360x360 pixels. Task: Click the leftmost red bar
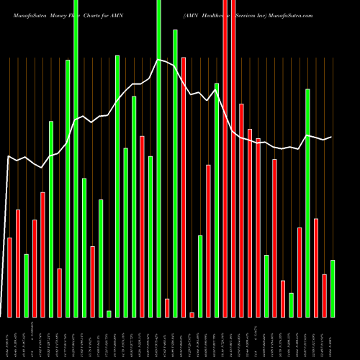pyautogui.click(x=9, y=277)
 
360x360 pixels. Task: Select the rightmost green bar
pyautogui.click(x=333, y=288)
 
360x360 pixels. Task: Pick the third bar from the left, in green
pyautogui.click(x=27, y=285)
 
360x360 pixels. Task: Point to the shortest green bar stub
pyautogui.click(x=109, y=313)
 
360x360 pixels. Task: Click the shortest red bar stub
pyautogui.click(x=192, y=315)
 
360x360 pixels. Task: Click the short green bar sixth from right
pyautogui.click(x=291, y=305)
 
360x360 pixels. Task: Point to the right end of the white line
pyautogui.click(x=331, y=137)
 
